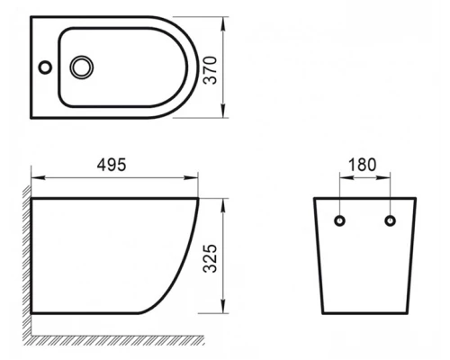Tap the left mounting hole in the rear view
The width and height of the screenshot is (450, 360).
pyautogui.click(x=339, y=220)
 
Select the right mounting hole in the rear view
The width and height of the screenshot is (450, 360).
pyautogui.click(x=390, y=220)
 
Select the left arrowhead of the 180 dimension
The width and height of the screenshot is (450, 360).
pyautogui.click(x=343, y=176)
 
